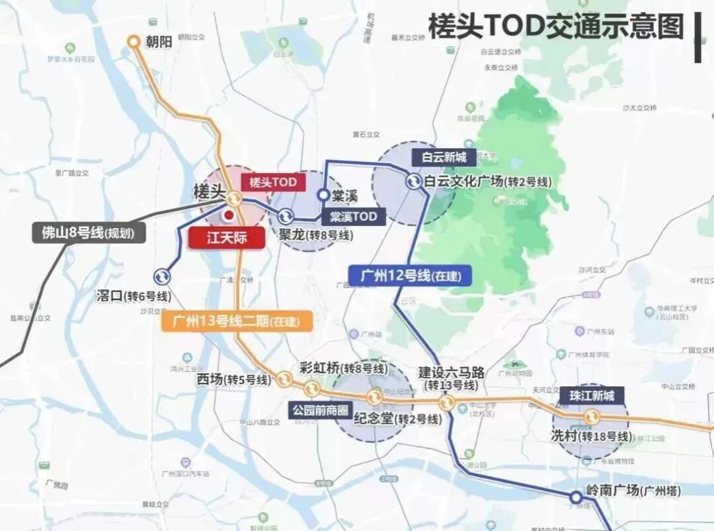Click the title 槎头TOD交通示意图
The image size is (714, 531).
click(555, 28)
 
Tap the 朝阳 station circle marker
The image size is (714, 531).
click(134, 42)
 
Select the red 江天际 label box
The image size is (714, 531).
click(227, 238)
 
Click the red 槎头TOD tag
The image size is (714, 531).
click(273, 182)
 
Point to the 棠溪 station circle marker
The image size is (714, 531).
click(323, 195)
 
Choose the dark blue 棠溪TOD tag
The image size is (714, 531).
click(354, 216)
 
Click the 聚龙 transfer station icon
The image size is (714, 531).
click(286, 216)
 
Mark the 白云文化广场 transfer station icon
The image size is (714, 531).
click(413, 181)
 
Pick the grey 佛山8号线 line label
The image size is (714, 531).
click(89, 233)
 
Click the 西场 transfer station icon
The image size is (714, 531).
click(285, 378)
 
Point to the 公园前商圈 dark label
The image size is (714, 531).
click(320, 410)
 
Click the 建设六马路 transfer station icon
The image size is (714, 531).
click(448, 403)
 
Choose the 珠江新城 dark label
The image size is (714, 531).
click(592, 395)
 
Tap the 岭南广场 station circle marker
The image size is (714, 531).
click(576, 497)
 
